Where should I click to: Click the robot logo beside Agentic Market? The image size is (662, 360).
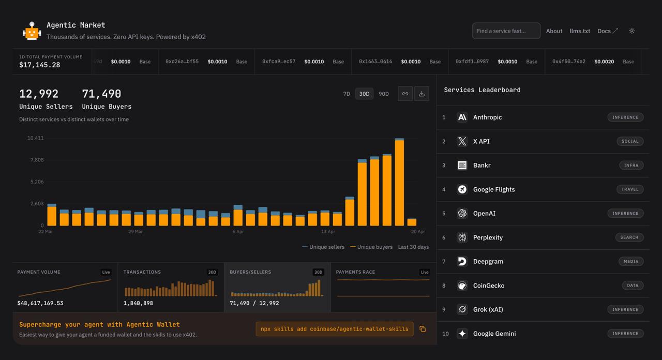(x=32, y=31)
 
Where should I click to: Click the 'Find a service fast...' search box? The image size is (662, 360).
(x=506, y=31)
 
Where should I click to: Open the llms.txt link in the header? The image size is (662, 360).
(x=580, y=31)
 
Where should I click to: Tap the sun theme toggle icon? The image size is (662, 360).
(x=631, y=31)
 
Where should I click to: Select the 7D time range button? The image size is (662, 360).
(x=347, y=94)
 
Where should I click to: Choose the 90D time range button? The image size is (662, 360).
(x=384, y=94)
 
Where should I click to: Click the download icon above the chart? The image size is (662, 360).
(x=422, y=94)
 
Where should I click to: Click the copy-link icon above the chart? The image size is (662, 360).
(x=405, y=94)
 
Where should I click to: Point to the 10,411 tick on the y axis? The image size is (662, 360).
(x=35, y=138)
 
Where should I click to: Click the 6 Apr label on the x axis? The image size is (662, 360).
(x=238, y=231)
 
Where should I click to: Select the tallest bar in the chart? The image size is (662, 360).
(x=399, y=183)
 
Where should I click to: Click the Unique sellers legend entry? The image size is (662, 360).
(x=323, y=247)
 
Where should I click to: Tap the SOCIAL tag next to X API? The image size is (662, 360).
(x=629, y=141)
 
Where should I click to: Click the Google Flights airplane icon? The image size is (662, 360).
(x=462, y=189)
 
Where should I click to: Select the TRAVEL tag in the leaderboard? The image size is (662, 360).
(x=629, y=189)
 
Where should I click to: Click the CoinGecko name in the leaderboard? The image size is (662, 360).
(x=488, y=286)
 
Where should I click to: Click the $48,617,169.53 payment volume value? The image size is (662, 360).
(x=40, y=303)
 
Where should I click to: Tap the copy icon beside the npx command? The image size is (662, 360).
(x=423, y=329)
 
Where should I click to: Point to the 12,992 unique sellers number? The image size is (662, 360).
(x=39, y=94)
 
